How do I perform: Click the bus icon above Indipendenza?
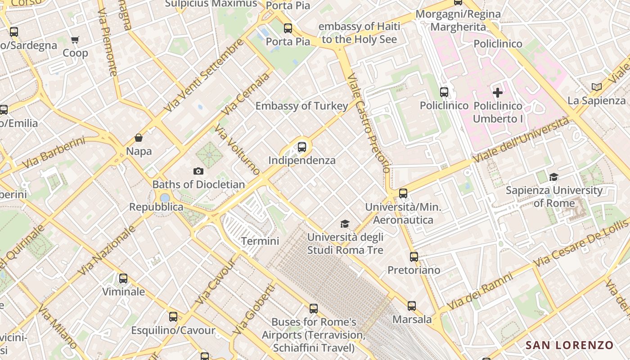302,147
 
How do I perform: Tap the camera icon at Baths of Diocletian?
198,171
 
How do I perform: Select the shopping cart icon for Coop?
75,40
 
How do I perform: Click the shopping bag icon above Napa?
139,138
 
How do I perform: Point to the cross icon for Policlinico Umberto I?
498,93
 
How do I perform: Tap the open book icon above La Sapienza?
597,87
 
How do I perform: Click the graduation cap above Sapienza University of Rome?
553,177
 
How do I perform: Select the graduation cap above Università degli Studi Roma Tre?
345,224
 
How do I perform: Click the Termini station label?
260,241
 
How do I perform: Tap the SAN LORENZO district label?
570,345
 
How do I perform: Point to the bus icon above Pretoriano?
414,257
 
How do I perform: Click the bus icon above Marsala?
412,306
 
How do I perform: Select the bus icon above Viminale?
123,279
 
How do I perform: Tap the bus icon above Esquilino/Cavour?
173,317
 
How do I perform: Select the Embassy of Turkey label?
301,106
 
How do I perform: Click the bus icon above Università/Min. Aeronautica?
403,193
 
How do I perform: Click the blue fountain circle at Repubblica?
165,198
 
